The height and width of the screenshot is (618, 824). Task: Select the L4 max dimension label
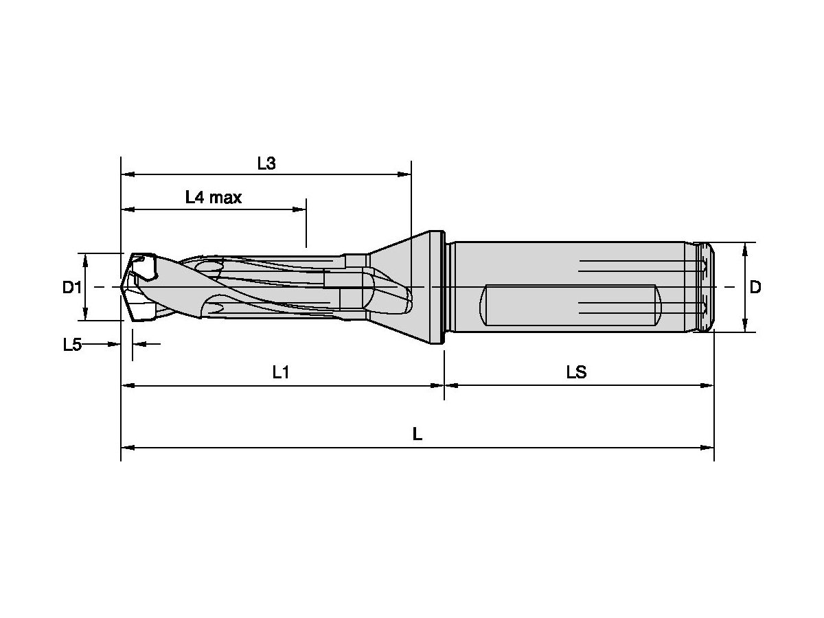[214, 198]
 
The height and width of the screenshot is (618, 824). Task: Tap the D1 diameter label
[72, 287]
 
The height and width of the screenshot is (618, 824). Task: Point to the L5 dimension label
[72, 345]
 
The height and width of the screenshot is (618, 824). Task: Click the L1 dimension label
[281, 373]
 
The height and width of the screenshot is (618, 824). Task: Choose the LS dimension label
[576, 373]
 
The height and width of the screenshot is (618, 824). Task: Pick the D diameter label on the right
[755, 287]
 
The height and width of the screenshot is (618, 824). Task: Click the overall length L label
[417, 434]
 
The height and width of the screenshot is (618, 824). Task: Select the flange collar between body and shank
[436, 287]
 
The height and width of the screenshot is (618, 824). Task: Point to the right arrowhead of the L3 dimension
[405, 175]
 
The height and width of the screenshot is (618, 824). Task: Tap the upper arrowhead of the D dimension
[745, 248]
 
